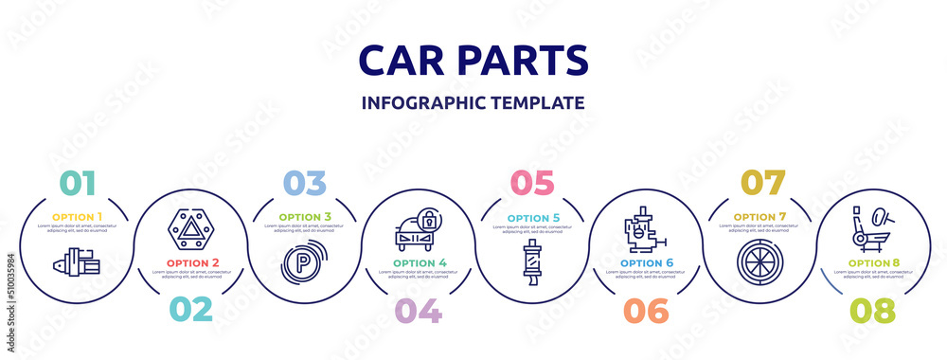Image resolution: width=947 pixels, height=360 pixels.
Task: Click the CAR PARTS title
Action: (473, 60)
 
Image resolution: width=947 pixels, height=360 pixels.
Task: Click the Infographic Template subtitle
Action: (473, 102)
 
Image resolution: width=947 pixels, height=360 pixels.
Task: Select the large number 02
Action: (189, 310)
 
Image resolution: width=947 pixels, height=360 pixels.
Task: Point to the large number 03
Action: (303, 182)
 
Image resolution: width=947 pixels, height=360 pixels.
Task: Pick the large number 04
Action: (417, 310)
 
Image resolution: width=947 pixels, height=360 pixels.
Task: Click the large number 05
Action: (530, 182)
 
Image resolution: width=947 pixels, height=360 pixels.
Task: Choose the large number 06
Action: (644, 310)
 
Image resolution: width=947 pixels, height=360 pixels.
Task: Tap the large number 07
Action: (758, 182)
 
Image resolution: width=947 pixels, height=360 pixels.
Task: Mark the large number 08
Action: (871, 310)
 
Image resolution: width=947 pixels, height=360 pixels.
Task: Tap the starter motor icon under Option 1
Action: (77, 261)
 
